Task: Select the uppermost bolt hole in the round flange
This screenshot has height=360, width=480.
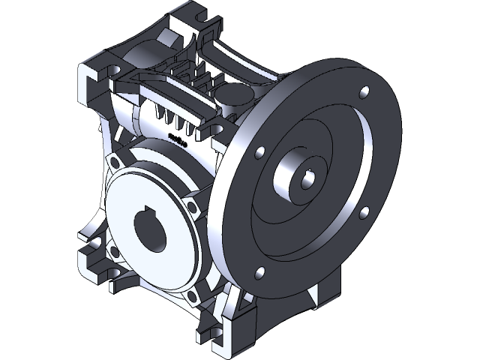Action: coord(364,94)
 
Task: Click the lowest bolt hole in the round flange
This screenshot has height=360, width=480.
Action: coord(259,271)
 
